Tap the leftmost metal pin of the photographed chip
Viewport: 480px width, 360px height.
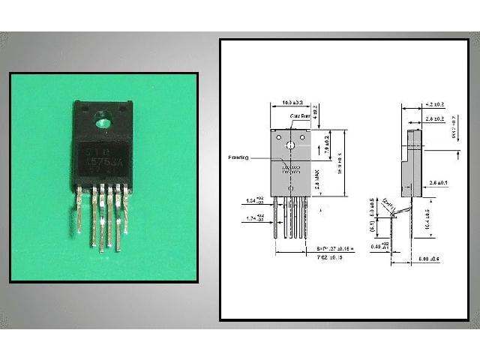pos(79,211)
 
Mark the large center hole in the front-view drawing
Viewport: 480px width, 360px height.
pos(290,141)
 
